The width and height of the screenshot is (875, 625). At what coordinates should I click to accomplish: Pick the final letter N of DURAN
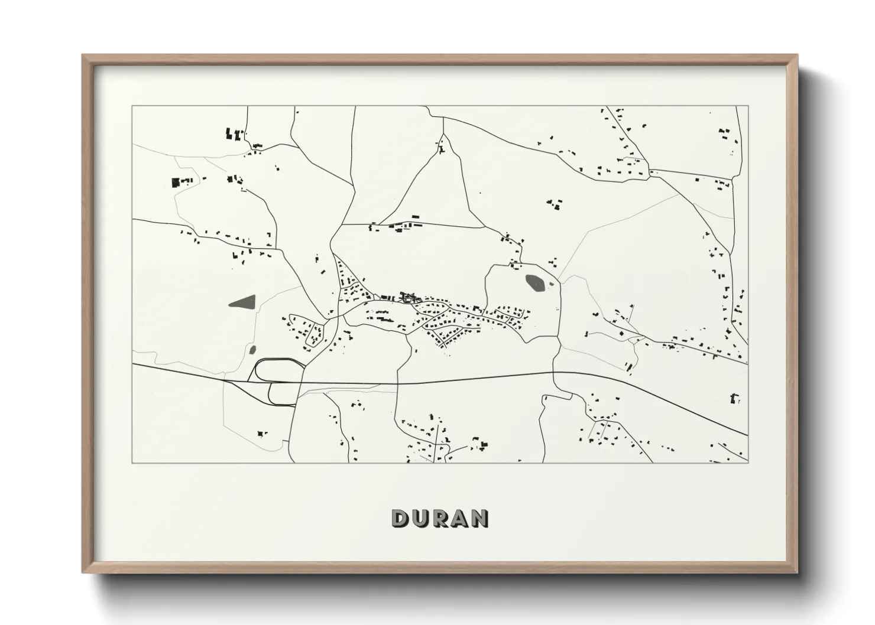tap(480, 518)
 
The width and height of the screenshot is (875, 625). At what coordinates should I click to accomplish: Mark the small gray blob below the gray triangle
tap(252, 350)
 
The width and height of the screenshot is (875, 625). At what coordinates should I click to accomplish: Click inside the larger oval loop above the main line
tap(278, 370)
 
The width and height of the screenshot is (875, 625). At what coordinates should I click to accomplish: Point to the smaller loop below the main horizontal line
tap(283, 393)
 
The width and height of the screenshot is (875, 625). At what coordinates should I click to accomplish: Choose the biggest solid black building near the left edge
tap(175, 183)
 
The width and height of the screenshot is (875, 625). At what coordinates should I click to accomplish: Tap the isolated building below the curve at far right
tap(735, 399)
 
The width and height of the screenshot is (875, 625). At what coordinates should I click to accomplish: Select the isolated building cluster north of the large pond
tap(555, 204)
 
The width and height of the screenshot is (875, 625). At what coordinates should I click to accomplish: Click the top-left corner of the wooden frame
tap(83, 56)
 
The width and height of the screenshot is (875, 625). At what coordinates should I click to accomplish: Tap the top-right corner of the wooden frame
tap(797, 56)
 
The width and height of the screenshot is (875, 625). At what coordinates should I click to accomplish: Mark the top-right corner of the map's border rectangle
tap(748, 106)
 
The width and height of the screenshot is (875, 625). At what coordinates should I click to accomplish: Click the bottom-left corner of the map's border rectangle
tap(132, 463)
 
